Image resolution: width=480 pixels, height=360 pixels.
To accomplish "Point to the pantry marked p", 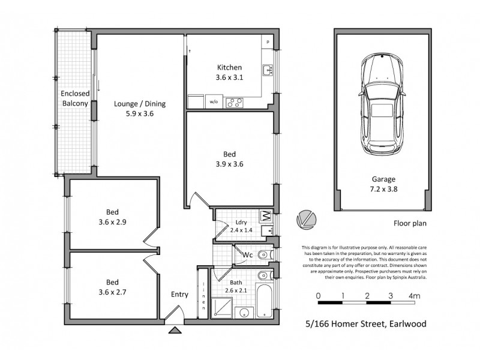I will point(268,42).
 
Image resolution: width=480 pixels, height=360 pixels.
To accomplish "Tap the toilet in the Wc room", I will point(263,256).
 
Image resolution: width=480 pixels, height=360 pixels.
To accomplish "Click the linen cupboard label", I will point(203,296).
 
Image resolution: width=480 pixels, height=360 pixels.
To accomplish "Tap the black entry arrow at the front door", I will point(175,329).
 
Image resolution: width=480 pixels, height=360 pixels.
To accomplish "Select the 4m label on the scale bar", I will point(414,296).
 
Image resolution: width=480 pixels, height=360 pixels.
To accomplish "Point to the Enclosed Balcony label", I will point(74,98).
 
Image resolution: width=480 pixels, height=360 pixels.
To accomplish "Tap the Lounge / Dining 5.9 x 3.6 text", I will point(139,108).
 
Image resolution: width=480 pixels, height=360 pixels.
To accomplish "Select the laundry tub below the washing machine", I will point(268,230).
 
